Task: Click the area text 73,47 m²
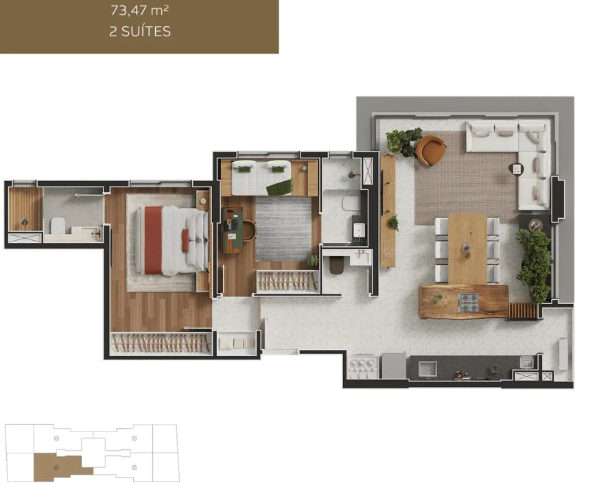[x=140, y=11]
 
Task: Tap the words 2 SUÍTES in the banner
[x=140, y=32]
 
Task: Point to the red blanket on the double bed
[x=153, y=240]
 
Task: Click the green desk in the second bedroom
[x=232, y=230]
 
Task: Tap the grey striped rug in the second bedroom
[x=283, y=228]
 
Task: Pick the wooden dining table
[x=467, y=249]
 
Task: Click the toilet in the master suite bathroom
[x=58, y=226]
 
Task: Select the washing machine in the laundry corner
[x=394, y=366]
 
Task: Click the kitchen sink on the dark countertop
[x=428, y=368]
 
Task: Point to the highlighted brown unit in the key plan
[x=61, y=467]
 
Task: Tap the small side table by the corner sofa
[x=516, y=169]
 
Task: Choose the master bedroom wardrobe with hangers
[x=161, y=344]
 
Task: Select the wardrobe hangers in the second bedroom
[x=288, y=281]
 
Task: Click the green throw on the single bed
[x=280, y=187]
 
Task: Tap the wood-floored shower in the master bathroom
[x=25, y=209]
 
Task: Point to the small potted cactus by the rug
[x=313, y=259]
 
